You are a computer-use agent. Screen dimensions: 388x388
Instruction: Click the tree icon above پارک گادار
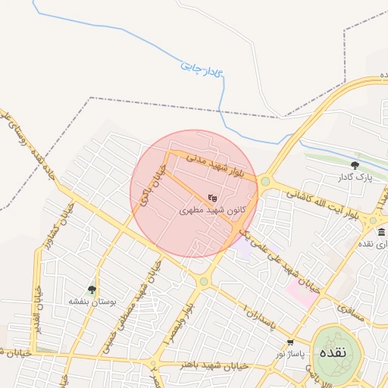tap(355, 164)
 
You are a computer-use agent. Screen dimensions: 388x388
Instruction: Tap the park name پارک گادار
tap(355, 177)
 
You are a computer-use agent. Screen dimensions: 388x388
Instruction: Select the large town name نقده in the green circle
tap(334, 353)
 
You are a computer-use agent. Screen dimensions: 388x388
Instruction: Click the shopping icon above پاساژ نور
tap(290, 343)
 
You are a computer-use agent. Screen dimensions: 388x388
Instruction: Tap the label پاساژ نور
tap(290, 354)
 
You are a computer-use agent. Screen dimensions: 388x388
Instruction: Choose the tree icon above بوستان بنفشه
tap(92, 289)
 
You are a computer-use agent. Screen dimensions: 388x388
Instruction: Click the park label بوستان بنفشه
tap(91, 301)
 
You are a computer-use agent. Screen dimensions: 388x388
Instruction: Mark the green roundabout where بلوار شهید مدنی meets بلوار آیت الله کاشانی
tap(265, 181)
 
